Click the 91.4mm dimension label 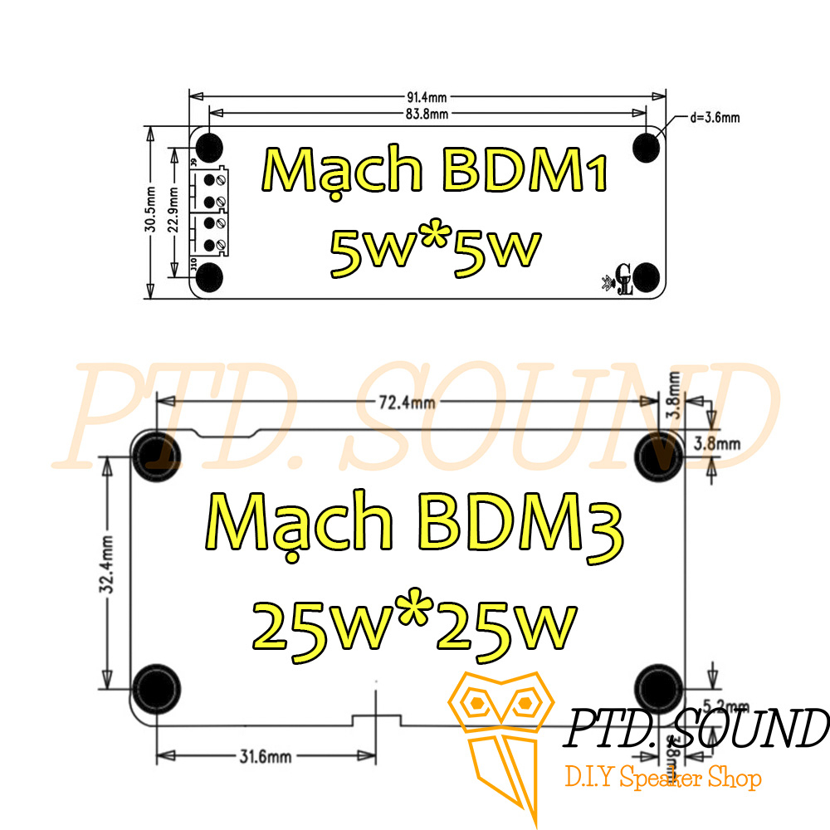[x=428, y=98]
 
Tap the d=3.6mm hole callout [x=715, y=118]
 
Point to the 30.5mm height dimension [x=151, y=212]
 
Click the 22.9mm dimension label [x=173, y=212]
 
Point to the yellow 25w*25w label [x=414, y=624]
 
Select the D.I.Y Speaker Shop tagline [x=662, y=779]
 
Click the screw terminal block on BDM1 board [x=209, y=212]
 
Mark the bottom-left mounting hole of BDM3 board [x=155, y=686]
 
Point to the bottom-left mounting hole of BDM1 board [x=209, y=277]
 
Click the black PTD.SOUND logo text [x=697, y=729]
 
